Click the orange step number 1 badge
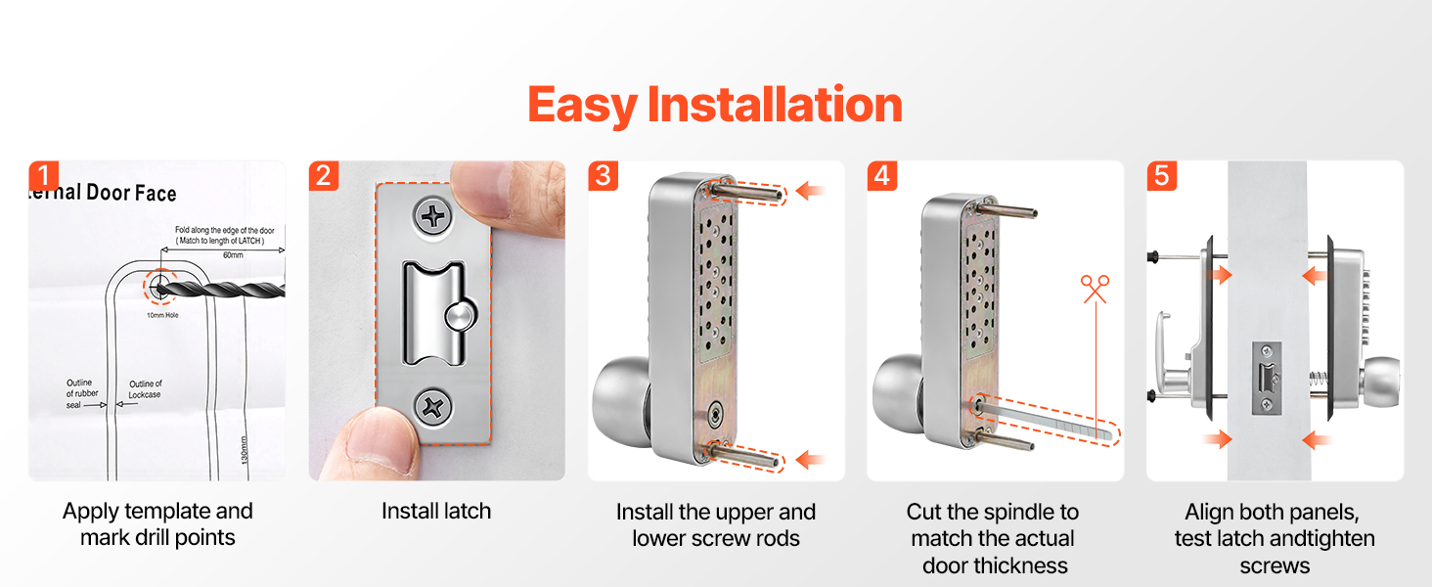(x=44, y=176)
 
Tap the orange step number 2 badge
(x=324, y=176)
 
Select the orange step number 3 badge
(x=603, y=176)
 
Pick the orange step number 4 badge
(x=882, y=176)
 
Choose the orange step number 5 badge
(x=1162, y=176)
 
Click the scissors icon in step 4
(x=1096, y=289)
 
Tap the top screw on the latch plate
(x=432, y=217)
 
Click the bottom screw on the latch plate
(x=432, y=407)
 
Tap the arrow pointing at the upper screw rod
(x=810, y=191)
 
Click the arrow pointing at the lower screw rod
(x=810, y=459)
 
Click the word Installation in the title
(x=775, y=105)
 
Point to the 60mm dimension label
(x=233, y=255)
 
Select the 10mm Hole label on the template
(x=162, y=315)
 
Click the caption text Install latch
(x=436, y=511)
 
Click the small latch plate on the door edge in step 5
(x=1266, y=379)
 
